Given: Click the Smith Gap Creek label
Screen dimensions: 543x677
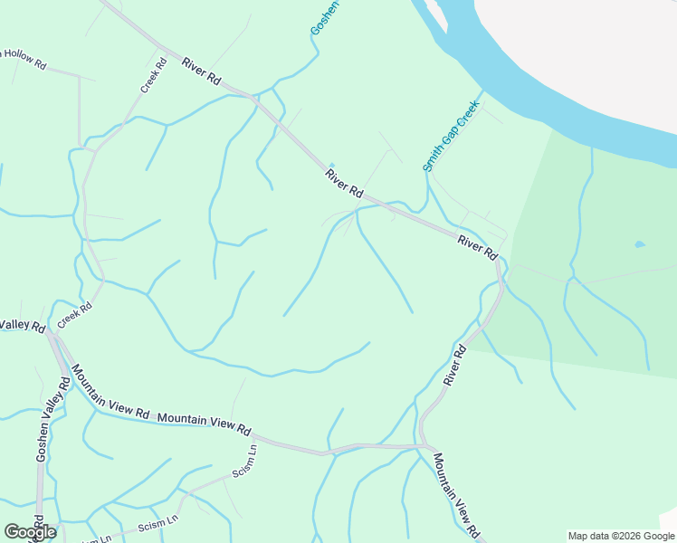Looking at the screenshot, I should (x=450, y=137).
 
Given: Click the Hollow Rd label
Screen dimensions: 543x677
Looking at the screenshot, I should (x=22, y=58).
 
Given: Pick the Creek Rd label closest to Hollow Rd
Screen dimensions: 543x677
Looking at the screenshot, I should (x=154, y=75).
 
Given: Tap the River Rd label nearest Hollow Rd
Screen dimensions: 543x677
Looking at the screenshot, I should (x=201, y=71).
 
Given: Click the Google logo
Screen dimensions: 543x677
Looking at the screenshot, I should (x=30, y=532).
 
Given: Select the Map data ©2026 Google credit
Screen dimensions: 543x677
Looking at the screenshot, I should (x=621, y=536).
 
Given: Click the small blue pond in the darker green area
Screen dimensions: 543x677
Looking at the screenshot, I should (x=641, y=244).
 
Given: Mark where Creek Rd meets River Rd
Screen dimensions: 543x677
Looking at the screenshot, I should (x=160, y=48).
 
